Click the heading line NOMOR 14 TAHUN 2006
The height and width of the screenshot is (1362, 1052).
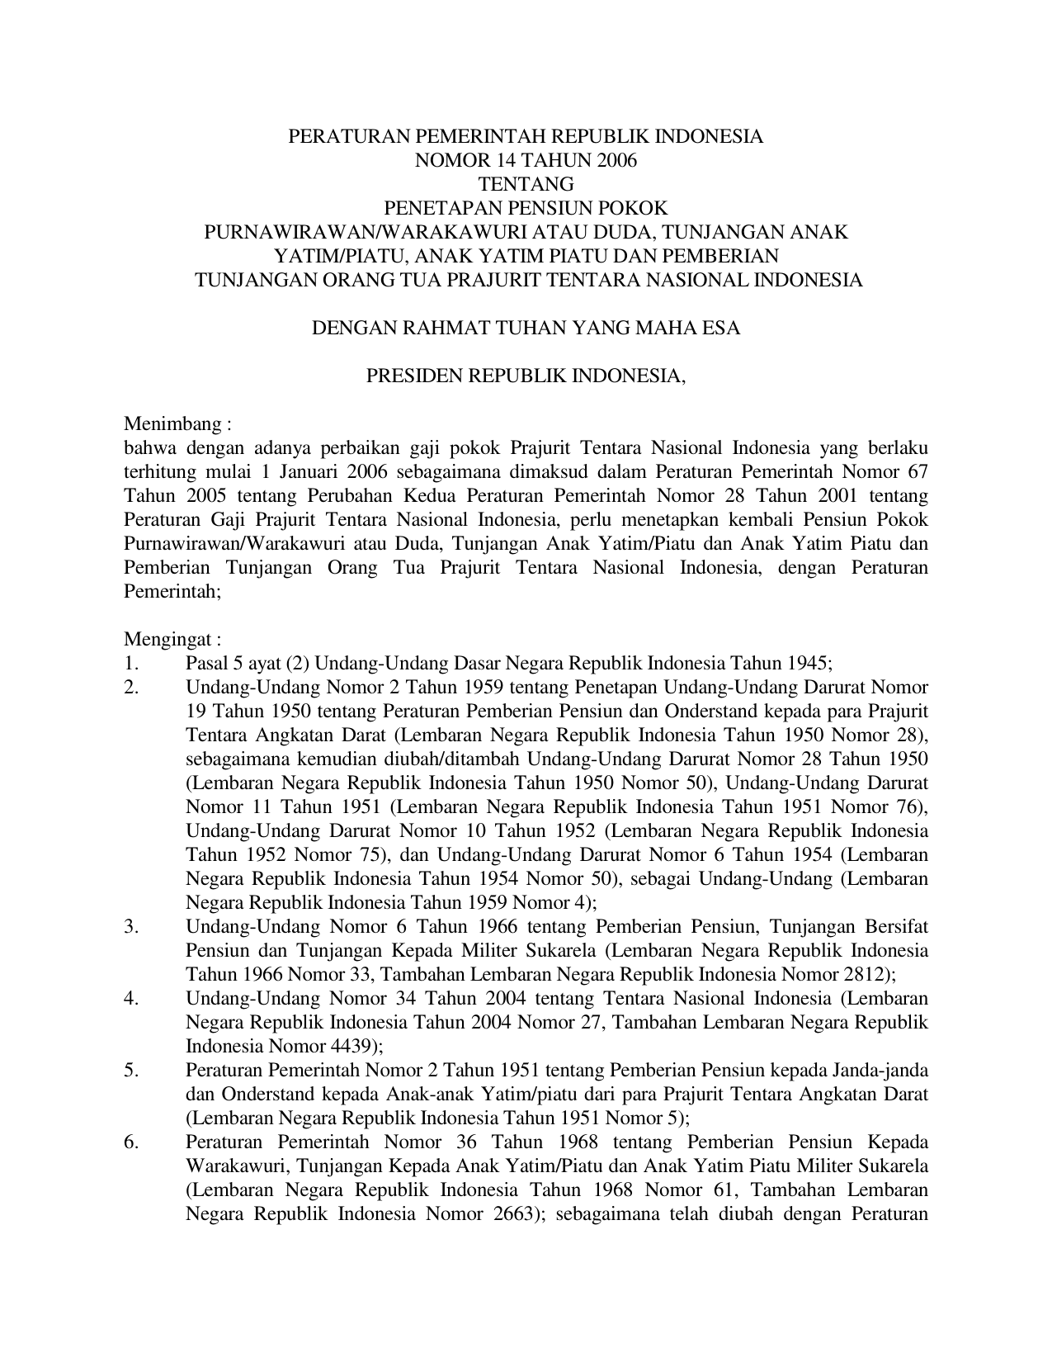click(x=526, y=160)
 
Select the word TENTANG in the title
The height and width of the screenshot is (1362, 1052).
click(x=526, y=184)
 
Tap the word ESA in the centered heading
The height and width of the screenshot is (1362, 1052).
click(x=720, y=328)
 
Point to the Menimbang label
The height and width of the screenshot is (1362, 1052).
click(x=176, y=424)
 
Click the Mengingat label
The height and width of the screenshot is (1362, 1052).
click(x=172, y=639)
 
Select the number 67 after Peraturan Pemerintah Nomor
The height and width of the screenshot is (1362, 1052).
click(x=918, y=472)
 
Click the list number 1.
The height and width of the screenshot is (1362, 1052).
click(x=130, y=663)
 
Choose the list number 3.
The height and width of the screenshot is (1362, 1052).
click(x=130, y=926)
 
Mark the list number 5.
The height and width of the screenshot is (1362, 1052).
click(x=130, y=1071)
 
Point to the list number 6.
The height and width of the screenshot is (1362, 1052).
click(x=130, y=1142)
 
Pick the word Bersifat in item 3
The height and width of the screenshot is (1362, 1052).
click(x=897, y=926)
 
